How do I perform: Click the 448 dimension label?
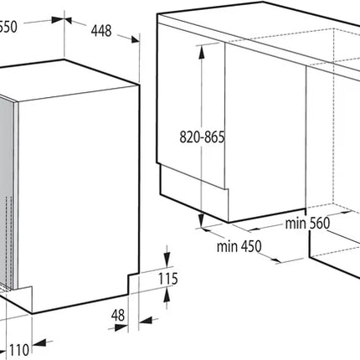coord(101,31)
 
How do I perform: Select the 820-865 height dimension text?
coord(202,137)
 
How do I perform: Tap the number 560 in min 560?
coord(319,224)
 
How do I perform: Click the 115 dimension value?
coord(168,279)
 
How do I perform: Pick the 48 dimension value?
coord(118,316)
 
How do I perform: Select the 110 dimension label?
coord(19,350)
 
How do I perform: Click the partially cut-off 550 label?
coord(8,27)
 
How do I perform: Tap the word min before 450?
coord(228,247)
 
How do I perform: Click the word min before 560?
coord(296,224)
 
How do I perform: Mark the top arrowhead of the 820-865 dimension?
coord(201,52)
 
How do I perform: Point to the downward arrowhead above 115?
coord(167,259)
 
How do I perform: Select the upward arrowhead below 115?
coord(167,296)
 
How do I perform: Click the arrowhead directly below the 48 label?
coord(121,327)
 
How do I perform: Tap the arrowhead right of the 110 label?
coord(39,344)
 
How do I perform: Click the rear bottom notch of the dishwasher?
coord(133,284)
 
